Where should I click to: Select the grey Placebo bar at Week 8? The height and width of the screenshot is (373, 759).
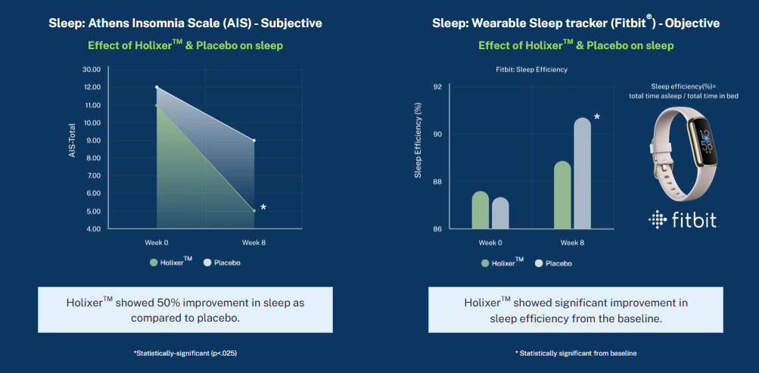point(583,173)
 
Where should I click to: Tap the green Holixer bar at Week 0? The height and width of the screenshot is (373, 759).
point(481,210)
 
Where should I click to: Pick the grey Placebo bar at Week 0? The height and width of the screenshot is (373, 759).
point(500,213)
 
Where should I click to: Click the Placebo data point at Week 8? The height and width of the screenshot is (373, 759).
point(254,140)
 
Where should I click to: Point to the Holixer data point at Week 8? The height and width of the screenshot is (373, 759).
point(254,211)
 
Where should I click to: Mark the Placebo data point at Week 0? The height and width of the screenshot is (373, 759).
point(157,87)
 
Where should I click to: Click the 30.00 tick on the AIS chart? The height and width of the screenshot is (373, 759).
point(91,69)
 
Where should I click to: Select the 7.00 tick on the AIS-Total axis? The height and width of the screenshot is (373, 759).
point(92,176)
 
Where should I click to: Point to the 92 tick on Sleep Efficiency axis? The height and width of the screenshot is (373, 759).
point(437,87)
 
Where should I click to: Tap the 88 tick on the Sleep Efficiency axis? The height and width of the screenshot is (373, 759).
point(437,182)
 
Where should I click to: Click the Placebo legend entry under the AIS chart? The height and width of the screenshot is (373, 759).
point(222,263)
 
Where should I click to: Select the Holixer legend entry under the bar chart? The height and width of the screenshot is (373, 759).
point(503,263)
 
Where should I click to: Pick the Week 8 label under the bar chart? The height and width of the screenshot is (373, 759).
point(572,242)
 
